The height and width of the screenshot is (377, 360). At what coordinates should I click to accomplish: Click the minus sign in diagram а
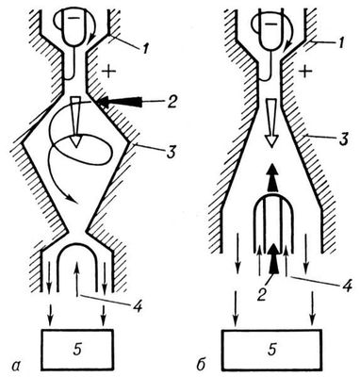[74, 18]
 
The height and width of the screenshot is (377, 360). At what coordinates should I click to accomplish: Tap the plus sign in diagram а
[108, 72]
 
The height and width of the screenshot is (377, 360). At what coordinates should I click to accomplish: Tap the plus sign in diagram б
[306, 72]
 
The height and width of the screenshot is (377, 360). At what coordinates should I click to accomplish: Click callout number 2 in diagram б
[261, 294]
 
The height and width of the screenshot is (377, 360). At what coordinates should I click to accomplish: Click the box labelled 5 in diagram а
[76, 350]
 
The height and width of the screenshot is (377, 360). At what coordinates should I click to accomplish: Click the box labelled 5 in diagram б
[271, 350]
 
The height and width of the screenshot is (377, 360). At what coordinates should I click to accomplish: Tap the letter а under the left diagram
[15, 365]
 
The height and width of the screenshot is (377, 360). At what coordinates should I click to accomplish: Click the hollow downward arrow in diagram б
[272, 123]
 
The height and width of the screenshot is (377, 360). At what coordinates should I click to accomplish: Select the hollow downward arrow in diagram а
[75, 122]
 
